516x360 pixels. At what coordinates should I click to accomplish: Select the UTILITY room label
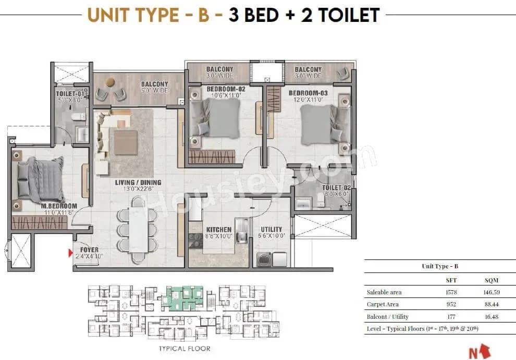(271, 229)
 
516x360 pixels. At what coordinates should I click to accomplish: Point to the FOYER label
(89, 250)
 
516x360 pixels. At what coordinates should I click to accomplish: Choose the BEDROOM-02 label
(226, 89)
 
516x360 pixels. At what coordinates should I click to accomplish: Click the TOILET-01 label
(69, 94)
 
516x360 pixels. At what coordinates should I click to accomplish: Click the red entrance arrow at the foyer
(70, 254)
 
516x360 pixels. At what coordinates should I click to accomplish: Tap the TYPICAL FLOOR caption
(185, 348)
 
